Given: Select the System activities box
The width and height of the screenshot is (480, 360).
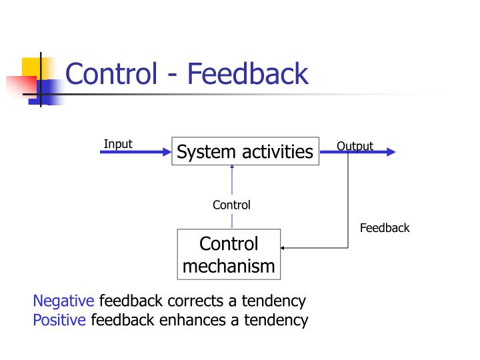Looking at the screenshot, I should [x=245, y=152].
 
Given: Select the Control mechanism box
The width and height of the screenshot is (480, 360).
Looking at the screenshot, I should [x=229, y=255].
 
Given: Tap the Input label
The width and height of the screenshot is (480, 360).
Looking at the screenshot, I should [x=118, y=144].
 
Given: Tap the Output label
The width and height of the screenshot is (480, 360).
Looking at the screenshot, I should [x=355, y=146].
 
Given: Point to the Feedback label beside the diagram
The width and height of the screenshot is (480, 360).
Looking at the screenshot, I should [x=385, y=228].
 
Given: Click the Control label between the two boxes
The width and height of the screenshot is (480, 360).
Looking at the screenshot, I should [x=231, y=205].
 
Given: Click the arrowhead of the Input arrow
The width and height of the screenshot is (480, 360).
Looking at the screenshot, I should [x=167, y=152].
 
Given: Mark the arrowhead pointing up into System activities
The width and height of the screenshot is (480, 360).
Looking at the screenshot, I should [x=232, y=168].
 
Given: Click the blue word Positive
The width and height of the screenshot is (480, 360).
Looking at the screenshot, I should [x=59, y=320].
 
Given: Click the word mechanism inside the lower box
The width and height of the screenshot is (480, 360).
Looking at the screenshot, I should [x=229, y=266].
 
